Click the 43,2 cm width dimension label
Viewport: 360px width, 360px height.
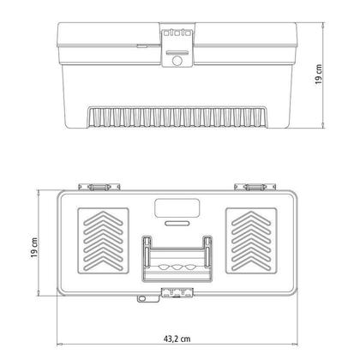(177, 339)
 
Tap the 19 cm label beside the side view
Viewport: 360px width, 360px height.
(319, 75)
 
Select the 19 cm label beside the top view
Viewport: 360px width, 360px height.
(34, 248)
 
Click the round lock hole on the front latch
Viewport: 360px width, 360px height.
(177, 61)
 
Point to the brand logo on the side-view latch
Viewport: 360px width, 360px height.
(177, 33)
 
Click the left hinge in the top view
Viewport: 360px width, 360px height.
(99, 187)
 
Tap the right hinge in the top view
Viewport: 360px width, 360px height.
(255, 187)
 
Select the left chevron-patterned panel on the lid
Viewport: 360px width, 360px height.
(103, 241)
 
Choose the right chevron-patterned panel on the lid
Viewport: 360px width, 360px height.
(251, 241)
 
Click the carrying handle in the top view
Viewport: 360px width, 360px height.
(177, 259)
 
